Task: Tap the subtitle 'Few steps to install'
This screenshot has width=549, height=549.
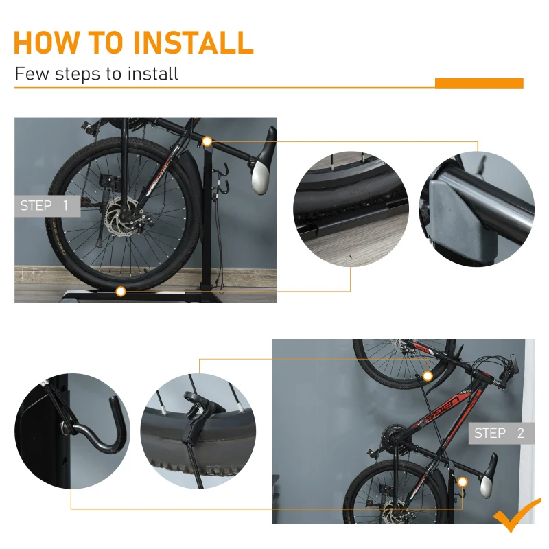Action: pyautogui.click(x=96, y=73)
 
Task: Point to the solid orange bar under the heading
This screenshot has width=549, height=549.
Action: pyautogui.click(x=479, y=83)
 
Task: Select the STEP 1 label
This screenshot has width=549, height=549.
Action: pyautogui.click(x=45, y=205)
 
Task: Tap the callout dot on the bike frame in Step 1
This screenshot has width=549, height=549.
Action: pyautogui.click(x=207, y=141)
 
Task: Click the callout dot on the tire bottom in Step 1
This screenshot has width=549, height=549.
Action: pyautogui.click(x=120, y=292)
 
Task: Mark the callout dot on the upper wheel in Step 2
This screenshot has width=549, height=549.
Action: pyautogui.click(x=428, y=376)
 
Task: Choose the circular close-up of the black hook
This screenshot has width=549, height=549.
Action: pyautogui.click(x=72, y=430)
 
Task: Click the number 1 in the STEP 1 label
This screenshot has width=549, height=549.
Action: pyautogui.click(x=65, y=205)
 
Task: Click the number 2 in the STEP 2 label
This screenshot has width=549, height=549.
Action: pyautogui.click(x=521, y=433)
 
